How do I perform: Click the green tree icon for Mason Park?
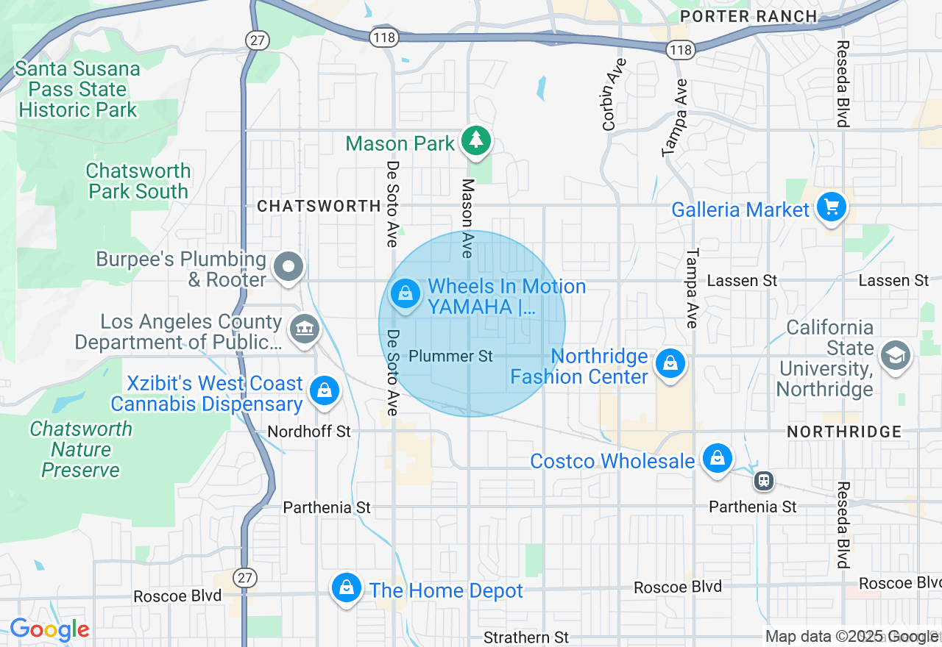(x=476, y=140)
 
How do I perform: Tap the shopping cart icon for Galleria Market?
(x=831, y=207)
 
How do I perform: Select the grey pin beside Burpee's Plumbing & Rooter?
(x=288, y=266)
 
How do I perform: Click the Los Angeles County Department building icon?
(x=303, y=328)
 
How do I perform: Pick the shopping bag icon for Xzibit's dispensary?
(x=324, y=390)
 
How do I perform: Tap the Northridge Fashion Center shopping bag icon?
(x=670, y=363)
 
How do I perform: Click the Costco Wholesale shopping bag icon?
(x=716, y=459)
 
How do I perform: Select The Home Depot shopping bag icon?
(x=346, y=587)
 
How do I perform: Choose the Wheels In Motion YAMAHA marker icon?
(x=404, y=294)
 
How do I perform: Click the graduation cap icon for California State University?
(x=895, y=355)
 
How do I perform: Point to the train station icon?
(x=763, y=481)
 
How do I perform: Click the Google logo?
(x=49, y=630)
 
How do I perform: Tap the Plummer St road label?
(x=450, y=357)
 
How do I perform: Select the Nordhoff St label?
(x=309, y=432)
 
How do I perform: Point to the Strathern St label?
(x=526, y=637)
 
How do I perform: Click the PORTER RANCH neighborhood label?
(x=748, y=16)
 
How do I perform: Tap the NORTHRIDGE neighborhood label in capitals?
(x=844, y=432)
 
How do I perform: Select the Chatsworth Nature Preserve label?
(x=81, y=449)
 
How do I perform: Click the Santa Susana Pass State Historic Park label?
(x=78, y=90)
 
